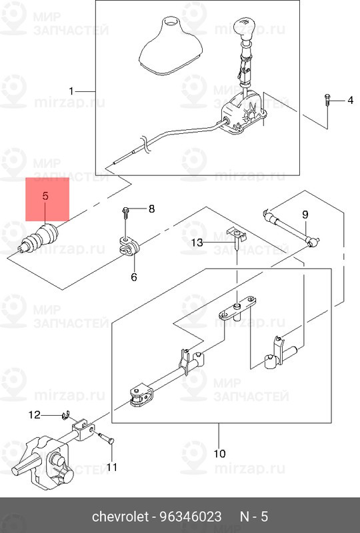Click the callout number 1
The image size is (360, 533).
coord(71,91)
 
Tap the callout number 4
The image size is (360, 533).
coord(350,101)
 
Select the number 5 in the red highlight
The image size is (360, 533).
coord(45,196)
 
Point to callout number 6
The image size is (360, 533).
coord(134,277)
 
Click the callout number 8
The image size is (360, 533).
coord(151,209)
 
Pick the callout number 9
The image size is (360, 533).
coord(305,215)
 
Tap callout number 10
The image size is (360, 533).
coord(219,454)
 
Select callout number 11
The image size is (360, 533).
coord(111,468)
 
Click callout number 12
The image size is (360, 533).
coord(35,414)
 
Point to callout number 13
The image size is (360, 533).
coord(197,243)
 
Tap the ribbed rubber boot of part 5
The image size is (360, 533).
coord(38,239)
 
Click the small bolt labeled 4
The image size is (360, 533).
coord(327,101)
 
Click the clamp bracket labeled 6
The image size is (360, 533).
coord(128,247)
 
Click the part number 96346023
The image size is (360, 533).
coord(191,517)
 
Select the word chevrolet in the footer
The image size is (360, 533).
coord(120,517)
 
